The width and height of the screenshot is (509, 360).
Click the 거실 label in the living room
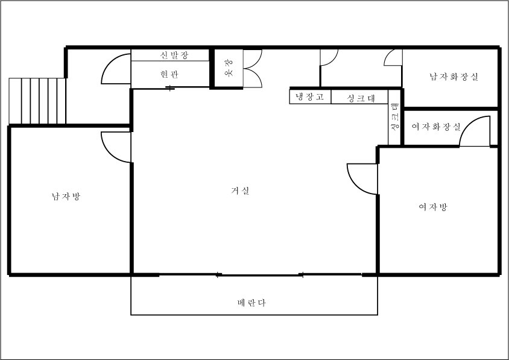pos(240,191)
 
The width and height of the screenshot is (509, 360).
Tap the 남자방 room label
pos(66,197)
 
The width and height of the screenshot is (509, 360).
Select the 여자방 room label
pos(433,207)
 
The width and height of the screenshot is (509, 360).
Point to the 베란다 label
pos(251,303)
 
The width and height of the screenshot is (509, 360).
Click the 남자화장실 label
pos(454,77)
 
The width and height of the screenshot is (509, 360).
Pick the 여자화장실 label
pos(436,126)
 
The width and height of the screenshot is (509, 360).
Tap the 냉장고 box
pos(310,96)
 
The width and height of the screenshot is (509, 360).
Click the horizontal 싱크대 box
pos(359,96)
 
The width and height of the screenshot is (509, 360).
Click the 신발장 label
pos(174,55)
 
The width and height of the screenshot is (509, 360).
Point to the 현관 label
pos(169,74)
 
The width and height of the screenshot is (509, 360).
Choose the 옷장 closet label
pos(229,68)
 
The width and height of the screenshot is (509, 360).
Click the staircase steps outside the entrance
pos(37,101)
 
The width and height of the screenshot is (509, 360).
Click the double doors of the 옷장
pos(253,69)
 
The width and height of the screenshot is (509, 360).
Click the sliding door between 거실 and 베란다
pos(260,275)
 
